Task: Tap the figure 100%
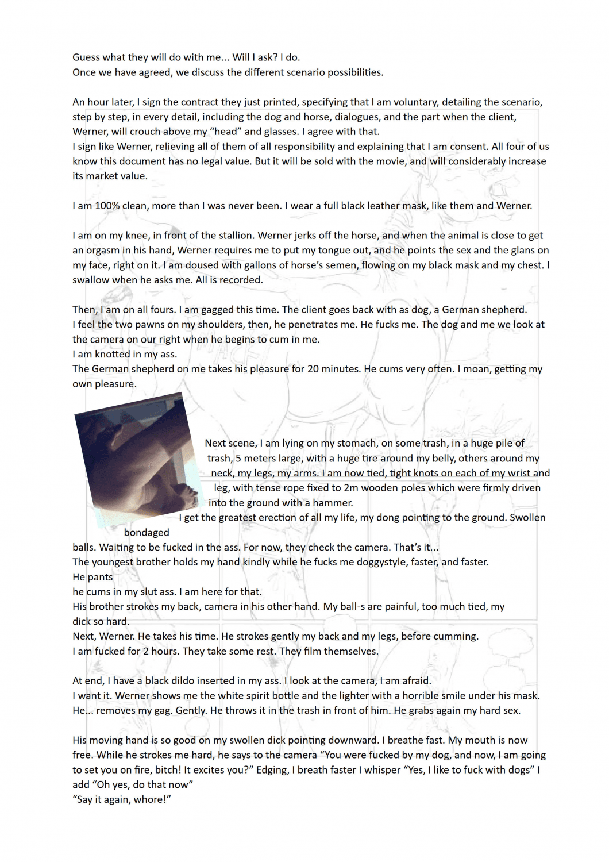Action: [107, 206]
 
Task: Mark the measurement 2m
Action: [350, 488]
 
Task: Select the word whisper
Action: [381, 770]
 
